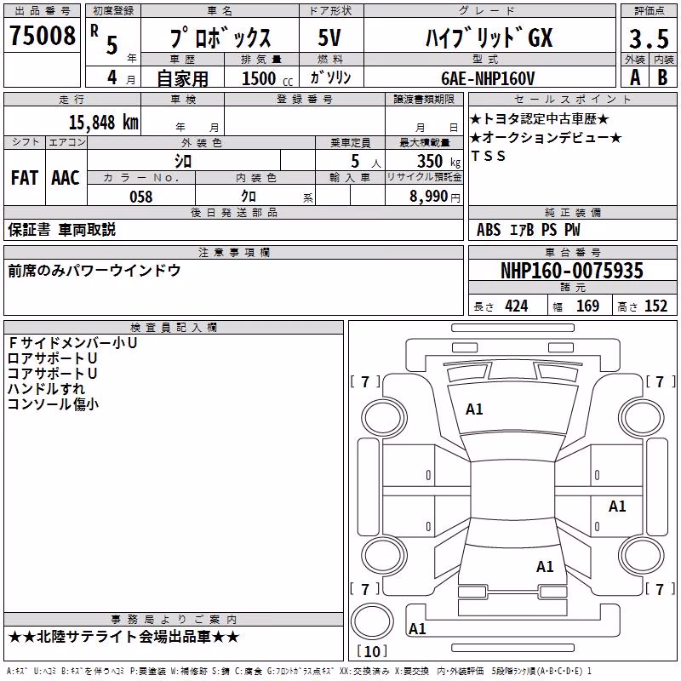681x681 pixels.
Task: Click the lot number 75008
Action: [x=43, y=36]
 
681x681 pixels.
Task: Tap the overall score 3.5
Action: [x=649, y=38]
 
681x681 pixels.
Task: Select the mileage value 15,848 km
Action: [x=103, y=122]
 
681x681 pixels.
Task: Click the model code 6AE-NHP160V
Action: [x=488, y=78]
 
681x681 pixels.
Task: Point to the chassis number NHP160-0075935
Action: [x=571, y=271]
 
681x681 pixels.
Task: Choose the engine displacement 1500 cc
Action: [x=267, y=78]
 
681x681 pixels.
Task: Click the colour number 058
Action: [x=141, y=197]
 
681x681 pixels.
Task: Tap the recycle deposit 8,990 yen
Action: [x=435, y=197]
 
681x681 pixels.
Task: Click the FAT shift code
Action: [x=25, y=178]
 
